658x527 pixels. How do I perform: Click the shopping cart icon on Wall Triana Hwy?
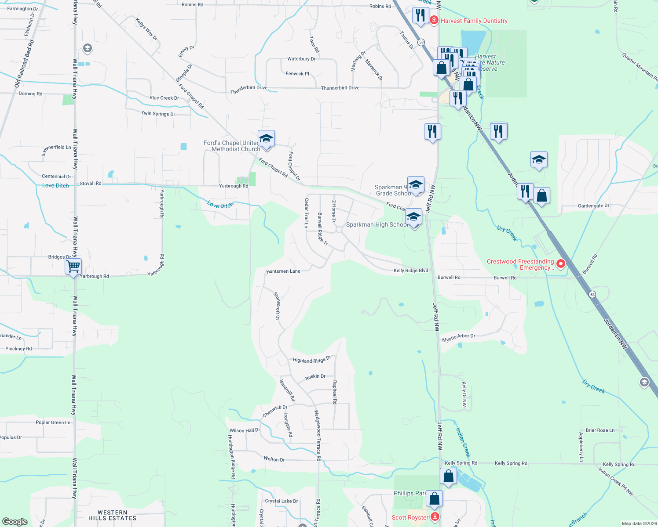click(73, 266)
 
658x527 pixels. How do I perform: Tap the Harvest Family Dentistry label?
click(474, 21)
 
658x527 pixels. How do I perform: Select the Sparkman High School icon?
click(413, 216)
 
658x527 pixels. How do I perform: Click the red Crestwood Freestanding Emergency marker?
click(560, 264)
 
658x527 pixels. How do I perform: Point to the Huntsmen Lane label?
click(283, 271)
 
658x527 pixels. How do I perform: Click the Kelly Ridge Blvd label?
click(410, 271)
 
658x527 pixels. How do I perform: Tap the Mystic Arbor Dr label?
click(458, 338)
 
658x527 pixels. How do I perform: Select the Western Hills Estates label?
click(112, 515)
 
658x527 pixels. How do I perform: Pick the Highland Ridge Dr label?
click(311, 360)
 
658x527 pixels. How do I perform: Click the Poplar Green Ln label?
click(53, 422)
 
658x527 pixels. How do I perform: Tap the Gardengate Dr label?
click(593, 206)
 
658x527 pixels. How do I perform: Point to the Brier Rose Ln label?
click(600, 430)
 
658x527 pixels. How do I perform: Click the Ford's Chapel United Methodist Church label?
click(232, 146)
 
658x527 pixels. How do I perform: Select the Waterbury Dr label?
click(301, 59)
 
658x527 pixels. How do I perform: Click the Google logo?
click(15, 521)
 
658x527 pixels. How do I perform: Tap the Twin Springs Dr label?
click(158, 113)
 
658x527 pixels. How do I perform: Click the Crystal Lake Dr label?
click(281, 501)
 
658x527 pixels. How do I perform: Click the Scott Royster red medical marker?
click(435, 517)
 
